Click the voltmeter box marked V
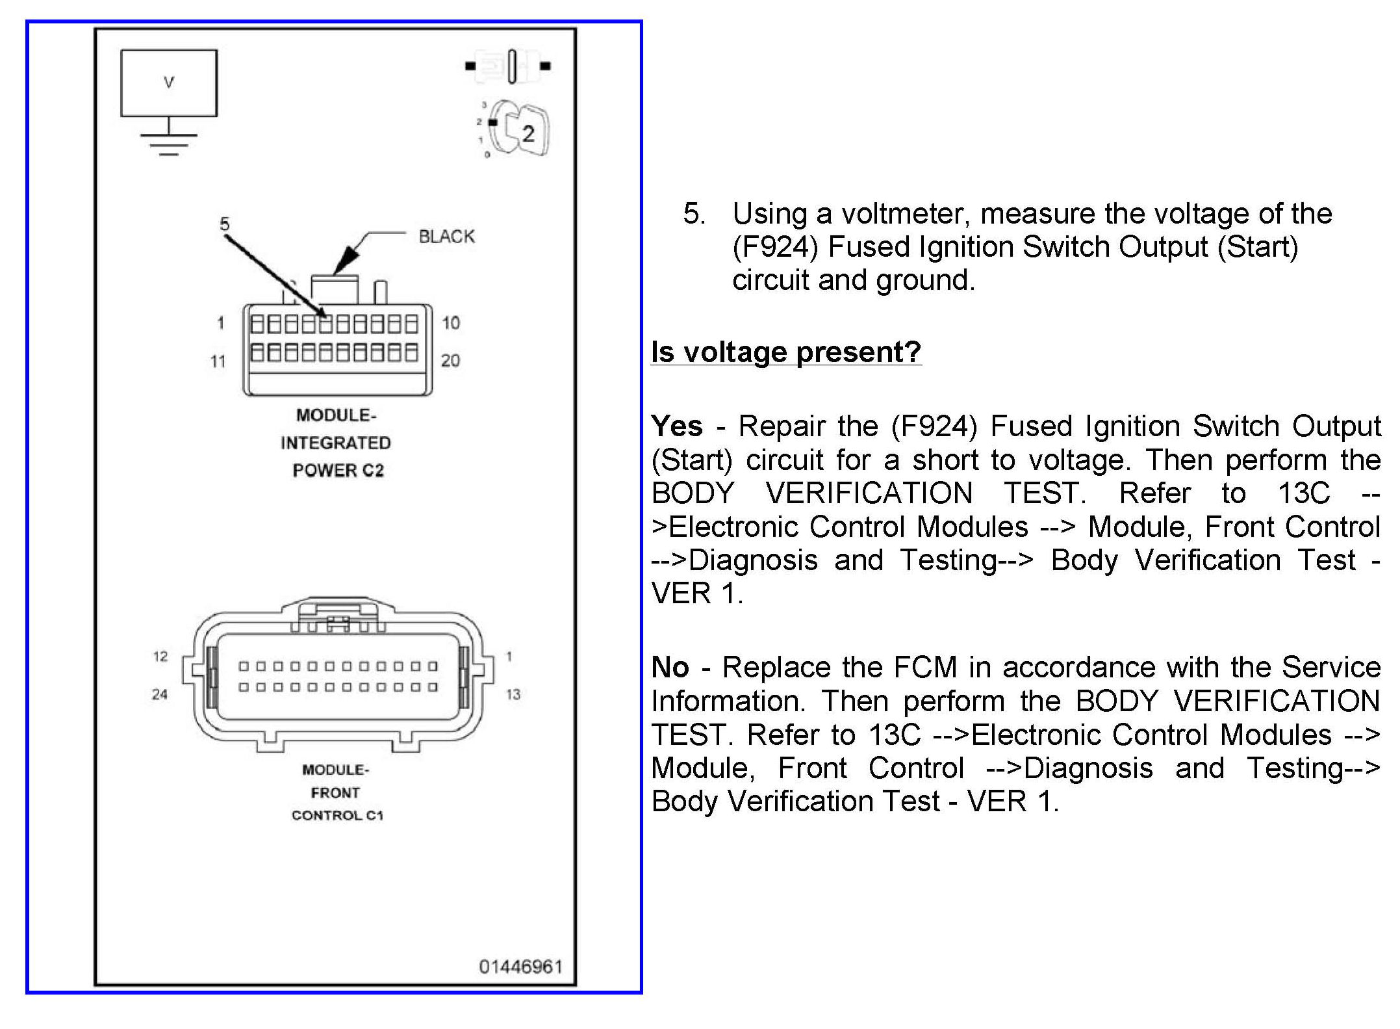coord(169,83)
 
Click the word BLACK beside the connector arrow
coord(446,237)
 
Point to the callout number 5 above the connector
coord(224,224)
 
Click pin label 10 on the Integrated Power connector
coord(450,323)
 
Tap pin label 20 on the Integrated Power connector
coord(450,361)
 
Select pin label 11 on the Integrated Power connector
coord(218,361)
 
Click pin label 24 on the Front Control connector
coord(160,695)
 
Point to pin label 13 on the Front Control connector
coord(513,695)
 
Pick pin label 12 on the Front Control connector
coord(160,657)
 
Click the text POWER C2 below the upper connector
coord(338,471)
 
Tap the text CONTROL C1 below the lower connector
coord(337,816)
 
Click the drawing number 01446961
coord(520,967)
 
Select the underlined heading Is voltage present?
coord(786,352)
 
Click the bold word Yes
coord(677,426)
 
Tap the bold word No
coord(670,668)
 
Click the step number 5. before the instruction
coord(694,214)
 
